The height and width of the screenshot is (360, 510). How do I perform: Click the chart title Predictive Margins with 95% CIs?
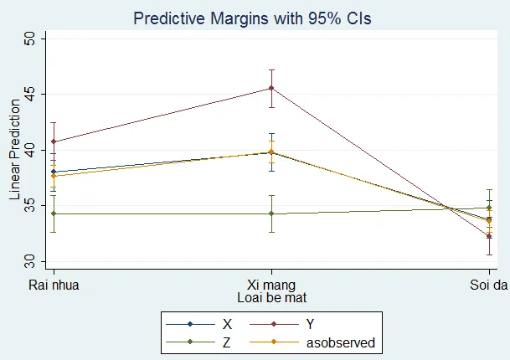(252, 18)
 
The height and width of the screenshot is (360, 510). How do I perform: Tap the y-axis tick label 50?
(29, 39)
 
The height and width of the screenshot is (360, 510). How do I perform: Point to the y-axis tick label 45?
(29, 95)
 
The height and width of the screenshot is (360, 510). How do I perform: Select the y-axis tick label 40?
(29, 150)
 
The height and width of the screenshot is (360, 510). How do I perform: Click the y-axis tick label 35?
(29, 205)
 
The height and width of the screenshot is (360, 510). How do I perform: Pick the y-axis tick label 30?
(29, 261)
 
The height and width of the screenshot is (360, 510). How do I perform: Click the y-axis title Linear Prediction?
(14, 150)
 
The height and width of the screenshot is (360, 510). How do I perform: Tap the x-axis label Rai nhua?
(54, 285)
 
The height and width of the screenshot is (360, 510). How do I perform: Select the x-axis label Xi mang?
(271, 285)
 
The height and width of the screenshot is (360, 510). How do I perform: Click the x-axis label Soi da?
(488, 285)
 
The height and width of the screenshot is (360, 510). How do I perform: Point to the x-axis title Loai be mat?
(272, 297)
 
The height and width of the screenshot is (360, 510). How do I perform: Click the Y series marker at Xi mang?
(271, 88)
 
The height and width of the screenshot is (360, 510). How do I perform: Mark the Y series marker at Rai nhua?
(54, 141)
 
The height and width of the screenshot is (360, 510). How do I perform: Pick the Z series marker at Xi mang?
(271, 213)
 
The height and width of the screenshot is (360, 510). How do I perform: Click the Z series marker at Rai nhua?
(54, 213)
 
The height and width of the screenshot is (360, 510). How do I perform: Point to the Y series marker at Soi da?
(489, 236)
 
